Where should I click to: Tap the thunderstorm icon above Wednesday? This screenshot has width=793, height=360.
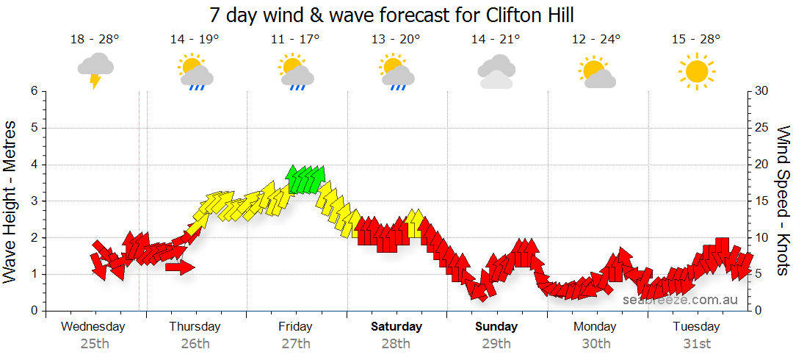(95, 69)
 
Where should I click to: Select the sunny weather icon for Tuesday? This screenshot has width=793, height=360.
(696, 71)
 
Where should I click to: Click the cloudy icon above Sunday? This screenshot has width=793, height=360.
(496, 71)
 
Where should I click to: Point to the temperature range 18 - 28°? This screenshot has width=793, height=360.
(95, 39)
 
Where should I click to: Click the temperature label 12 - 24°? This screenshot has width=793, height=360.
(595, 39)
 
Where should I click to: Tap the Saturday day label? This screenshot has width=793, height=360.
(396, 326)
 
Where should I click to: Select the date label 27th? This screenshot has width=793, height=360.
(295, 343)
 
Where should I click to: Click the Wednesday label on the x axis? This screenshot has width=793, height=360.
(93, 326)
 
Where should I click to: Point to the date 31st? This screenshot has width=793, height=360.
(696, 343)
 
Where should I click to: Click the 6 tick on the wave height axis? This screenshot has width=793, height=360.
(34, 91)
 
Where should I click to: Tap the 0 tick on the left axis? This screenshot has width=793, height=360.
(34, 311)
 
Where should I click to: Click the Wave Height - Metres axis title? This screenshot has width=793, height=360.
(11, 201)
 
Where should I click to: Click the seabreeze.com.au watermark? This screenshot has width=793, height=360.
(679, 300)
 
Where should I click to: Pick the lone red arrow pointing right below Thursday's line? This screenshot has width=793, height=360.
(180, 267)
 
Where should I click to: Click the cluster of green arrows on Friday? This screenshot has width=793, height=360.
(305, 179)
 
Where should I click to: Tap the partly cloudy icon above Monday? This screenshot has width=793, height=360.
(595, 71)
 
